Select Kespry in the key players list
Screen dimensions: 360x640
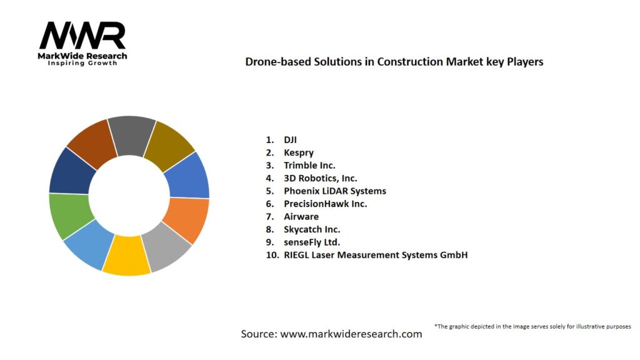[299, 152]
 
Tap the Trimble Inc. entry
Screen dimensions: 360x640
[309, 166]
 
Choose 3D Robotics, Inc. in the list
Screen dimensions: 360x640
[320, 178]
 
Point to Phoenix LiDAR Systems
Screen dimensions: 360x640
[334, 191]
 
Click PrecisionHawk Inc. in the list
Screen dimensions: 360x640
[325, 204]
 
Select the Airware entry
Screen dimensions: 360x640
[301, 216]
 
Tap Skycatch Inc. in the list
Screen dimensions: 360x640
[312, 229]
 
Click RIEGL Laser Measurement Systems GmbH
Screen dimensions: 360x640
[375, 255]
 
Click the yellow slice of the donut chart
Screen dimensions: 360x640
[127, 257]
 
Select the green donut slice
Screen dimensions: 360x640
[69, 216]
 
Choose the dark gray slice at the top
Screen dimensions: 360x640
[131, 134]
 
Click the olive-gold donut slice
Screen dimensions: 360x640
[169, 145]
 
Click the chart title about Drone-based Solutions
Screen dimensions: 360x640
[394, 62]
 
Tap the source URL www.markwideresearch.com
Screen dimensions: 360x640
[351, 334]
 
